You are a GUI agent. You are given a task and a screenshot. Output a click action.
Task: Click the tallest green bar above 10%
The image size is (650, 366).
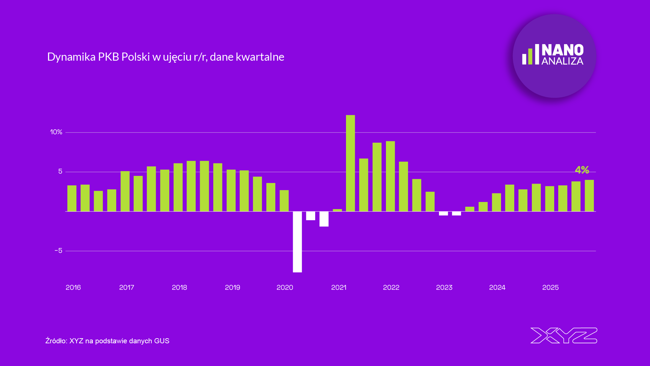coord(350,163)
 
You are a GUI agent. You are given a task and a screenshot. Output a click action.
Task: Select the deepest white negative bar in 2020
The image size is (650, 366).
coord(297,242)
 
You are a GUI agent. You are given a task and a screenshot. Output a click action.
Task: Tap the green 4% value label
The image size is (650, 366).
coord(582,170)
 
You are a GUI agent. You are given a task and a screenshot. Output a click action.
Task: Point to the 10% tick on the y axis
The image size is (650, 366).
coord(56,132)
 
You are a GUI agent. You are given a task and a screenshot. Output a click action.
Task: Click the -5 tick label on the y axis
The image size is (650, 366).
coord(59,251)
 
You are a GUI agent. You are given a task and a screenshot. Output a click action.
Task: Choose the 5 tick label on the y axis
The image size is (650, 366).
coord(60,171)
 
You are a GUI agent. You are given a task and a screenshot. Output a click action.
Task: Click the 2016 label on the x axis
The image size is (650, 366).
coord(73,287)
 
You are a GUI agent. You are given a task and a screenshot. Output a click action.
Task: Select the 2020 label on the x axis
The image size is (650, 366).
coord(285,287)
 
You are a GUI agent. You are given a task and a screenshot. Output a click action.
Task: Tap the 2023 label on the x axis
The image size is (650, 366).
coord(444,287)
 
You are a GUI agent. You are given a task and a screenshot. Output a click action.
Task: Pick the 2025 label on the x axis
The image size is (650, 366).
coord(550,287)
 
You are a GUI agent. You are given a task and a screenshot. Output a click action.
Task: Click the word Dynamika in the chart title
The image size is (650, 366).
coord(71,57)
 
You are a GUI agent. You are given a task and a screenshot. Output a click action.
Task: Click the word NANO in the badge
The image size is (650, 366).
coord(562,50)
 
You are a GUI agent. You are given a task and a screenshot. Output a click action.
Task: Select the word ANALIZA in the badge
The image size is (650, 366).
coord(562,61)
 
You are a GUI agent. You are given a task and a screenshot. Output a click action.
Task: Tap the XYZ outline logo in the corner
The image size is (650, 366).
coord(564,335)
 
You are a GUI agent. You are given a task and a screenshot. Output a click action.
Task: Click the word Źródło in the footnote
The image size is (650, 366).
coord(56,341)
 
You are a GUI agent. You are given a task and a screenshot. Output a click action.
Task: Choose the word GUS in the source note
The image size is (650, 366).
coord(161,341)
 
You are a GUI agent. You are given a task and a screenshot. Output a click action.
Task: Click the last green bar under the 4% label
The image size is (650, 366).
coord(589,196)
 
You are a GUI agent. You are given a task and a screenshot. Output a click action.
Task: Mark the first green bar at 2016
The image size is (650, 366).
coord(72,198)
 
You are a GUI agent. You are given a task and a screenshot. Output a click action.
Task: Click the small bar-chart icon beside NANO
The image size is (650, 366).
coord(530,55)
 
